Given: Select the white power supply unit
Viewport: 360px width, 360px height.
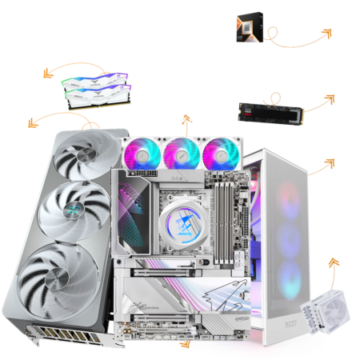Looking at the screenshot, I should pyautogui.click(x=323, y=321).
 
